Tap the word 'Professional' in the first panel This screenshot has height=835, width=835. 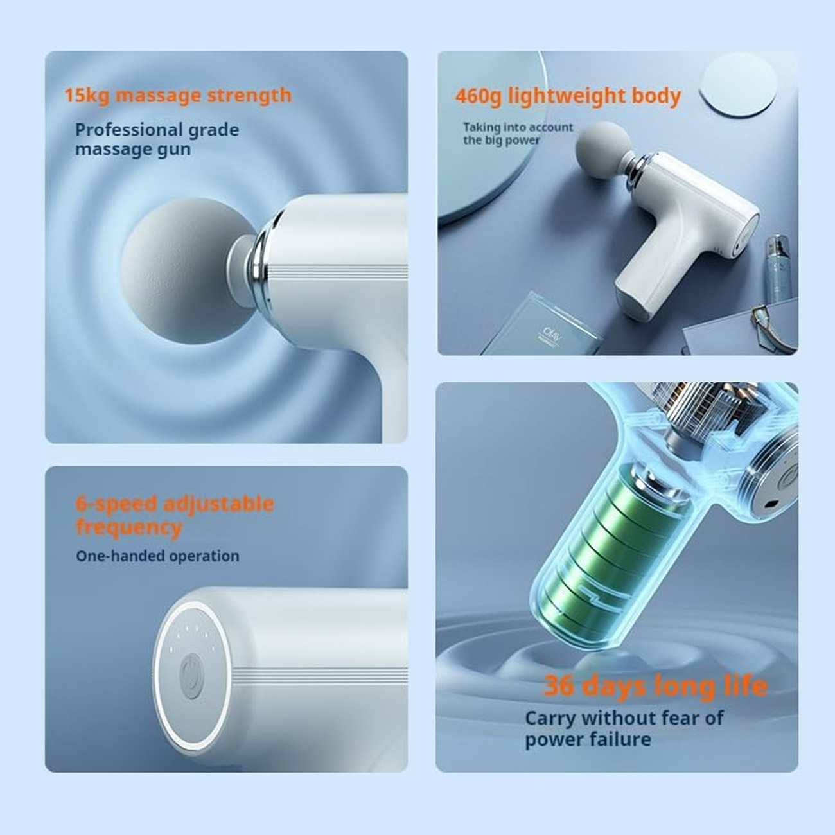(128, 130)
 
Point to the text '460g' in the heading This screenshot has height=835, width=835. (478, 96)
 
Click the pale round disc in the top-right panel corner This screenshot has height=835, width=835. (738, 84)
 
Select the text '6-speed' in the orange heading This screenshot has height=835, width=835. (116, 504)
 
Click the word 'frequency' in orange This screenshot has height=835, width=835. (128, 528)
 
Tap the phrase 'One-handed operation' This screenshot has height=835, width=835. (157, 556)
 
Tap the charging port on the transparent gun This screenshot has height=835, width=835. (772, 505)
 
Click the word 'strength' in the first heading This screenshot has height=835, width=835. (249, 95)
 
